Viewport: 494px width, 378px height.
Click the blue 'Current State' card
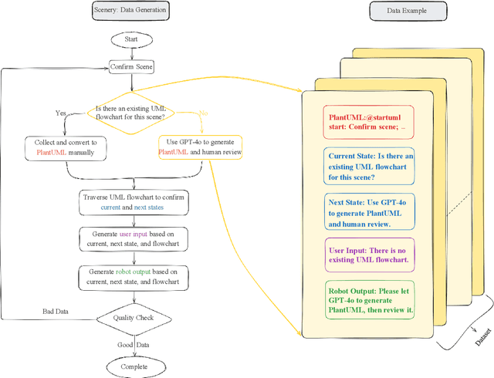click(x=368, y=166)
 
